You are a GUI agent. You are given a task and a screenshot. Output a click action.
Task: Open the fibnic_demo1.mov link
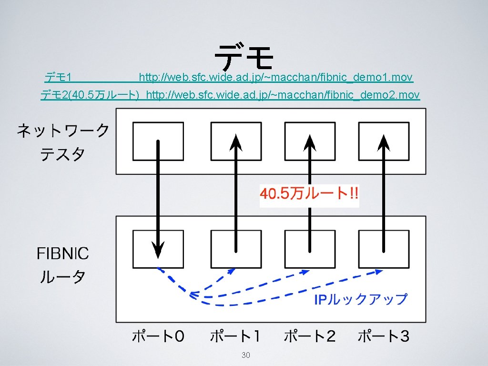pos(276,77)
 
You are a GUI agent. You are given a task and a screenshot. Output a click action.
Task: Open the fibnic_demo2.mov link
pos(283,95)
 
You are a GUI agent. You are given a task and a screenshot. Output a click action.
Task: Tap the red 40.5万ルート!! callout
pos(309,194)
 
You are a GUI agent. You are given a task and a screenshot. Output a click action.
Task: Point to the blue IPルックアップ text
pos(361,299)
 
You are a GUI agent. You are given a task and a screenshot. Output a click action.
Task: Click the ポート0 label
pos(158,336)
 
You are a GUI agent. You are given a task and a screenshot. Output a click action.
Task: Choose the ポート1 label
pos(235,336)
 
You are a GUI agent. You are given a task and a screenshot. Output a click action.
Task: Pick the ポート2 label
pos(310,336)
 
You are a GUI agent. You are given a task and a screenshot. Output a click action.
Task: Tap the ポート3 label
pos(384,336)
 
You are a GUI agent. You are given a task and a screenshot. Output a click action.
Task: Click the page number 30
pos(246,355)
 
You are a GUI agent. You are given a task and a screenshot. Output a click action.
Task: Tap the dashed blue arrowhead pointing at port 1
pos(232,271)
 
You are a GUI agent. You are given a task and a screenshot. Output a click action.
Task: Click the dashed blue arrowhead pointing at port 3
pos(379,271)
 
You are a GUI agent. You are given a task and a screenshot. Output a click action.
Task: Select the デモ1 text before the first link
pos(58,77)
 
